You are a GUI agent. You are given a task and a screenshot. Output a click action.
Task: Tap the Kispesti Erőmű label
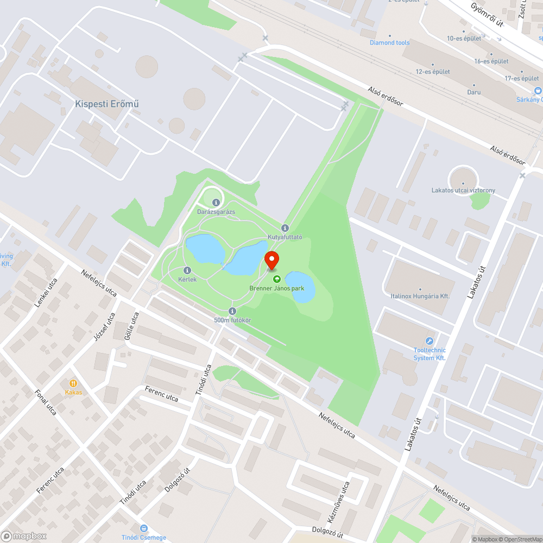point(106,103)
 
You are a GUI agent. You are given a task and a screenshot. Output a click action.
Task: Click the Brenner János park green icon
point(277,279)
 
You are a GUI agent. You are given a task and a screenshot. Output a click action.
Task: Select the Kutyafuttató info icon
point(285,228)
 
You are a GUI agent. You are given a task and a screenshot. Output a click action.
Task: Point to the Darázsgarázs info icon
point(216,203)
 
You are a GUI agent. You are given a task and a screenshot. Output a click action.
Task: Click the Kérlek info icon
point(187,270)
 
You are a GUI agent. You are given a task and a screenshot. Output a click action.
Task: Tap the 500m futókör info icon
point(232,311)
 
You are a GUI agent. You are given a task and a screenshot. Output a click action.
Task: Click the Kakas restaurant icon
point(72,383)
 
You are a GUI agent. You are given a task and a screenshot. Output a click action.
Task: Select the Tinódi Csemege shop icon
point(143,528)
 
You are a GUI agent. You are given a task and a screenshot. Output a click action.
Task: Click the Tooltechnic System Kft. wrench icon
point(429,341)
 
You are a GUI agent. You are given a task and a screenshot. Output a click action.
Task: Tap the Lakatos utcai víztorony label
point(463,191)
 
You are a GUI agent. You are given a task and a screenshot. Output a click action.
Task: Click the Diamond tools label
point(389,42)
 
